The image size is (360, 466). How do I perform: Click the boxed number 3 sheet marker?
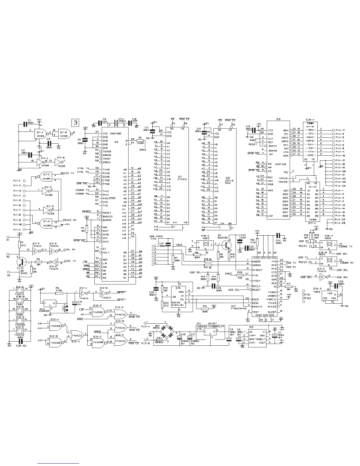(76, 122)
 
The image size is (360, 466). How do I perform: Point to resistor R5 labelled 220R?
(140, 141)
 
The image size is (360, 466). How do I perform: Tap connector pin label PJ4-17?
(340, 130)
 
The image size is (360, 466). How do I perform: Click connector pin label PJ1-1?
(17, 181)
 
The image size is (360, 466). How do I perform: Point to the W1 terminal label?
(8, 240)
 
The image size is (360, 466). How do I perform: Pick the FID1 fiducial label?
(308, 294)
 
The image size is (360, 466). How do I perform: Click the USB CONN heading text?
(156, 236)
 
